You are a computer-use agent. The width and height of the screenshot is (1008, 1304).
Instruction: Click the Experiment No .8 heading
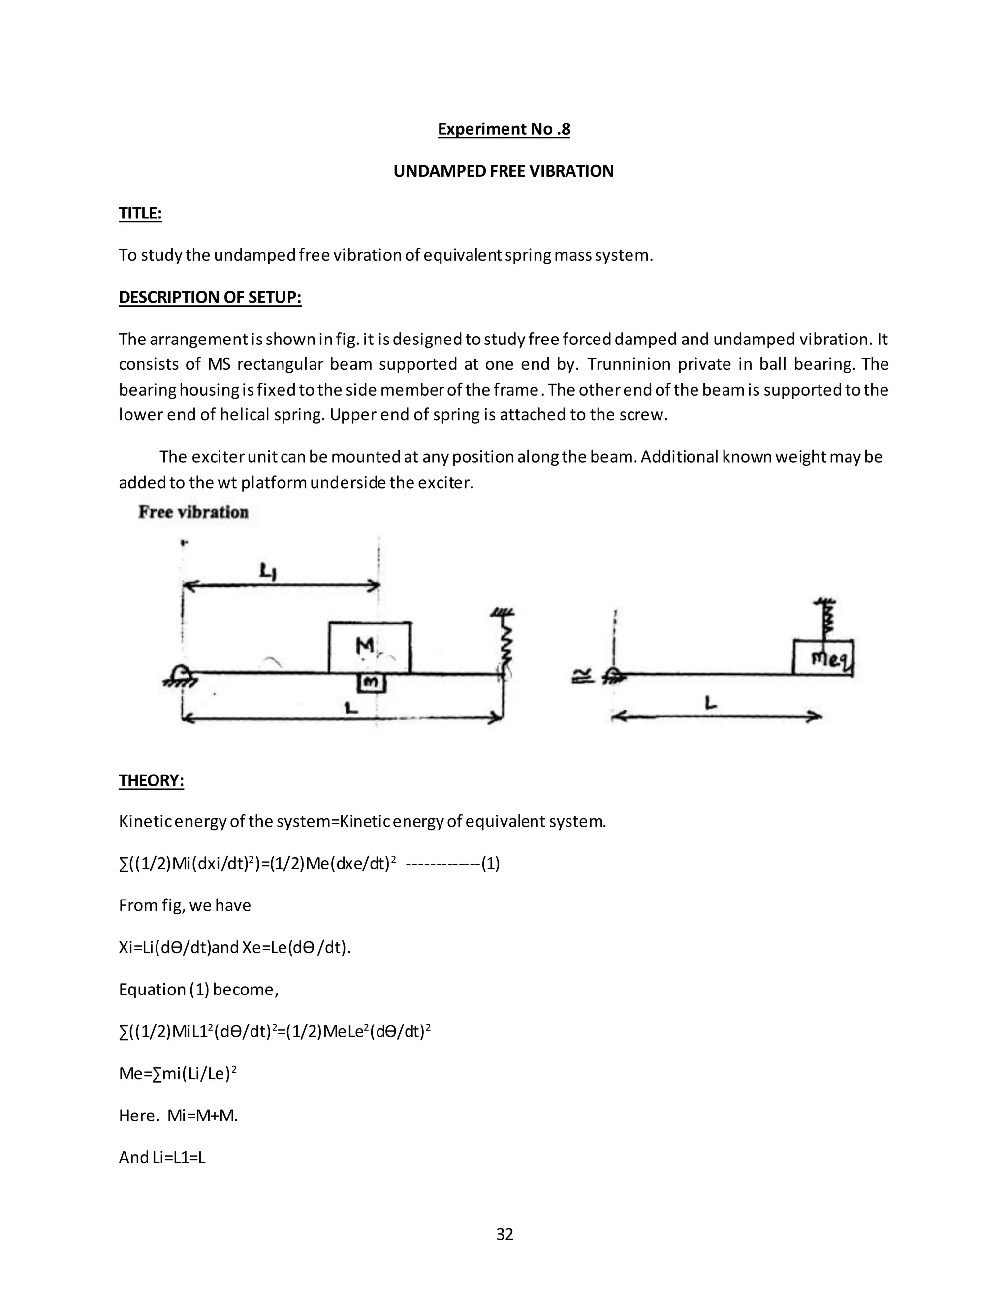(504, 129)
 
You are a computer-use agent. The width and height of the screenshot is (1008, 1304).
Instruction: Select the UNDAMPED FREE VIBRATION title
(504, 171)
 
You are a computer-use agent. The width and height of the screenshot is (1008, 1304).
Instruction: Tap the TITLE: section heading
(140, 213)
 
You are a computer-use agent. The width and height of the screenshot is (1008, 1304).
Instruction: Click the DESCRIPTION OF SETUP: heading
(210, 297)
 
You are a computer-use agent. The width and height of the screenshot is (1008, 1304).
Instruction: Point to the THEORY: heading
(151, 780)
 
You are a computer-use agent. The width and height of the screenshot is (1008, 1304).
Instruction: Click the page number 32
(504, 1234)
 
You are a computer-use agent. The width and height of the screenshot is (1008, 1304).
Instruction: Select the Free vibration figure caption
(193, 512)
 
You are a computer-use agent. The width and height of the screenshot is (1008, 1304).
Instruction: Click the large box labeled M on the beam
(369, 647)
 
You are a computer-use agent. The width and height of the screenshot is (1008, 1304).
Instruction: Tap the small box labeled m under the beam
(372, 683)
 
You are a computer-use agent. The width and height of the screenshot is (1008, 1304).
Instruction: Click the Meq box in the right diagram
(823, 657)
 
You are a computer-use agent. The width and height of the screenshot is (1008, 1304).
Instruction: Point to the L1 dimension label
(268, 572)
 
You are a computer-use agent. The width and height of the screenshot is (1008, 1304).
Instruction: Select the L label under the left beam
(352, 708)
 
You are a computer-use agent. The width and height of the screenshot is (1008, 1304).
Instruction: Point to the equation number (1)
(490, 864)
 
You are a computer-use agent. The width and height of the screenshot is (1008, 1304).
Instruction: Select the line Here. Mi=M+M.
(178, 1116)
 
